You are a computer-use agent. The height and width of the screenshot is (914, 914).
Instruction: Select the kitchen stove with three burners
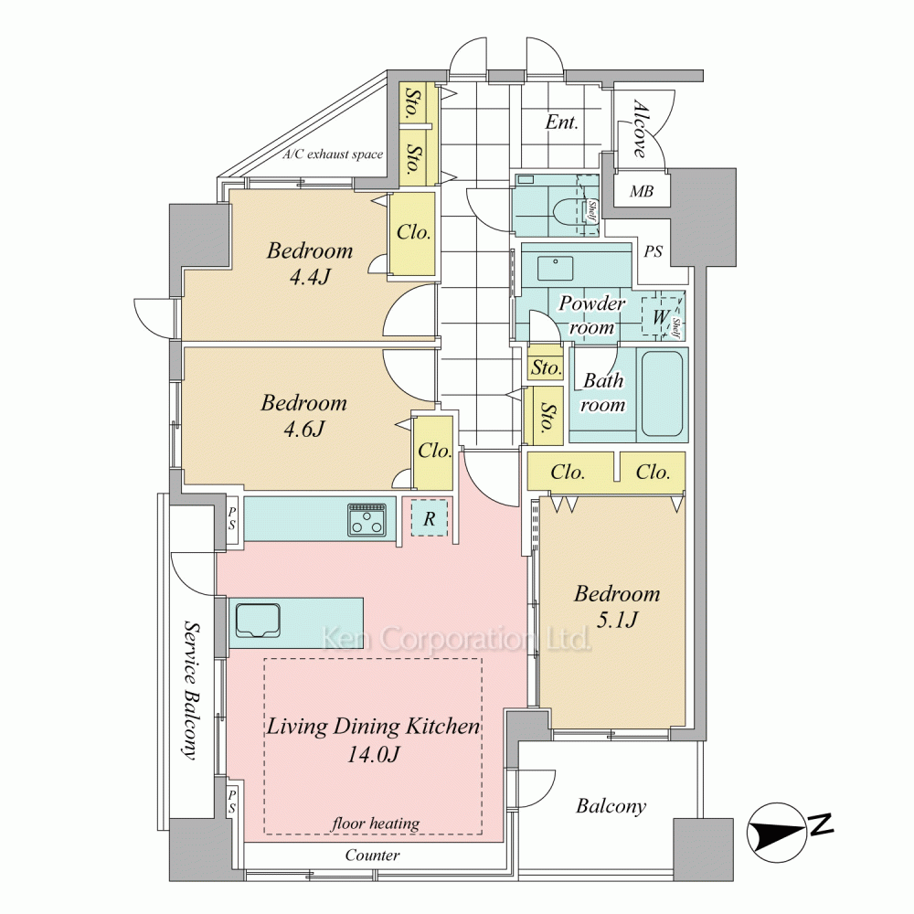[x=367, y=519]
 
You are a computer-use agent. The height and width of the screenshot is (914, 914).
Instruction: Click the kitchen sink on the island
[x=258, y=621]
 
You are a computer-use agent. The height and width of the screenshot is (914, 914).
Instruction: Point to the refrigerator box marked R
[x=430, y=518]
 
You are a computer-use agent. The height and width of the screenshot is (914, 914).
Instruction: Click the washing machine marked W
[x=661, y=317]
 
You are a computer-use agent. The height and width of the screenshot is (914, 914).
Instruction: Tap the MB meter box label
[x=642, y=191]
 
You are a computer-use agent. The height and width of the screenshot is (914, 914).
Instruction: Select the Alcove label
[x=640, y=130]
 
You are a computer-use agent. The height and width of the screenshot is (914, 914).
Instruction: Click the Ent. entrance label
[x=561, y=122]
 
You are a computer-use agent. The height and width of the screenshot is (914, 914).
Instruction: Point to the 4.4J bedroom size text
[x=310, y=276]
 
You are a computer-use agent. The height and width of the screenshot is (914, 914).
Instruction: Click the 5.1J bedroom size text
[x=617, y=620]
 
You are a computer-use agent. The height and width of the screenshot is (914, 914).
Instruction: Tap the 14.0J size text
[x=373, y=755]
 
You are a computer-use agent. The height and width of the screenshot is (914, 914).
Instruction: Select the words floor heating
[x=376, y=824]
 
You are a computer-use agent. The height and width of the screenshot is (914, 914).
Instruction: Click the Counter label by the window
[x=372, y=855]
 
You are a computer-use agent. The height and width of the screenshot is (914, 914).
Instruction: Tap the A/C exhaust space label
[x=333, y=154]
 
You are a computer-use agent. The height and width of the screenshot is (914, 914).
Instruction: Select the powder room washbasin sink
[x=555, y=268]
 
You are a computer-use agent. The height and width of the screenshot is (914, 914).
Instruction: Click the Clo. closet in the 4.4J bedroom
[x=413, y=233]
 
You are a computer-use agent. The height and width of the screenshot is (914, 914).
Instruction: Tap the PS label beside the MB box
[x=654, y=251]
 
